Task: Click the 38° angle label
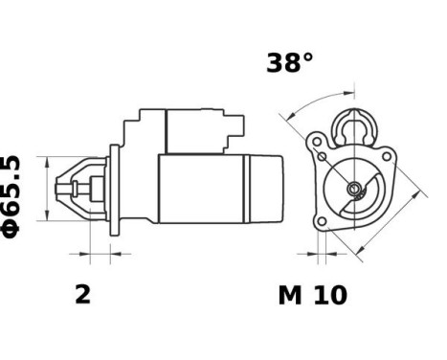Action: pos(289,64)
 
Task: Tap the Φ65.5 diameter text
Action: pos(12,195)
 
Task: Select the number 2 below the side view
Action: pos(83,294)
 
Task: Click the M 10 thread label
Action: pos(312,295)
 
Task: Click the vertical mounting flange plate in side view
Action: pos(116,191)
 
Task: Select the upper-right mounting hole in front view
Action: pos(386,150)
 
